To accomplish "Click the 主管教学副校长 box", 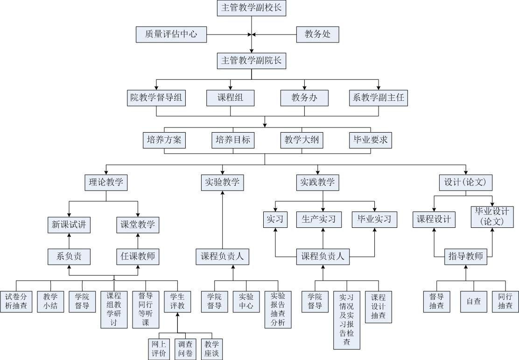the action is [x=252, y=8].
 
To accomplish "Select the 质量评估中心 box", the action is [x=171, y=35].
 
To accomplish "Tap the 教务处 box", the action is [x=317, y=35].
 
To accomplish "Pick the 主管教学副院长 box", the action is [x=252, y=61].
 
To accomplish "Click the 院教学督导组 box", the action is [x=156, y=98].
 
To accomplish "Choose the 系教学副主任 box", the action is [x=379, y=98].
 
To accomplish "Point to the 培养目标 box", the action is [x=233, y=141].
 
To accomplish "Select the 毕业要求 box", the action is [x=371, y=141].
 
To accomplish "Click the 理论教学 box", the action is [x=106, y=183].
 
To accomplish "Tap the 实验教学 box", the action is [x=223, y=183].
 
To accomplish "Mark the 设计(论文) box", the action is [x=466, y=183].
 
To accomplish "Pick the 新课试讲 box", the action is [x=69, y=225].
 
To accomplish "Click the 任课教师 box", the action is [x=138, y=257].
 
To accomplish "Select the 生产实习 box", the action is [x=319, y=220].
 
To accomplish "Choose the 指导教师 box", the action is [x=466, y=257].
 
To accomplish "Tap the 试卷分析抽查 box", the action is [x=16, y=302].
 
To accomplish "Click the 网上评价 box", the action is [x=159, y=349].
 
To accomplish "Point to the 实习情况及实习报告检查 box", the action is [x=347, y=320].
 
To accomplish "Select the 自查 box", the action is [x=474, y=302].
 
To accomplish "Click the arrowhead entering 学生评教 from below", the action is [x=177, y=315].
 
